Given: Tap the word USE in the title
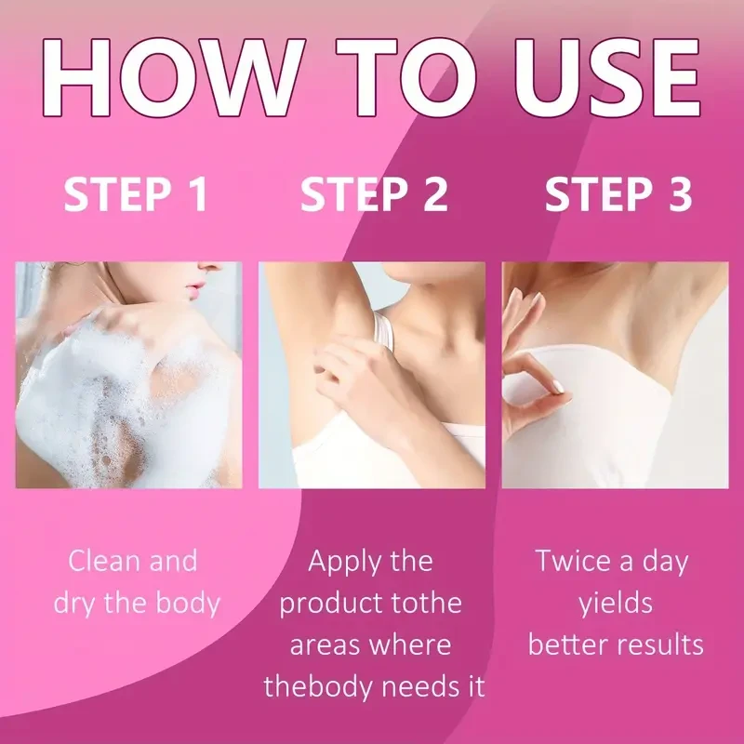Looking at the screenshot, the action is pyautogui.click(x=608, y=77).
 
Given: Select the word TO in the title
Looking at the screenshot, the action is pyautogui.click(x=406, y=77).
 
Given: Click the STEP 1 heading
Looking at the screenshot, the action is pyautogui.click(x=136, y=193).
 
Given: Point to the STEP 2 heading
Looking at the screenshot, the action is pyautogui.click(x=375, y=193).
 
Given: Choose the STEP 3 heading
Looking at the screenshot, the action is pyautogui.click(x=618, y=193).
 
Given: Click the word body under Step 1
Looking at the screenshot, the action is pyautogui.click(x=189, y=603).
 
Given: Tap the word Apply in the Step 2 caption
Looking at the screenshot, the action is pyautogui.click(x=345, y=563).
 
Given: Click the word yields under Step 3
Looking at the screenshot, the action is pyautogui.click(x=616, y=604).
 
